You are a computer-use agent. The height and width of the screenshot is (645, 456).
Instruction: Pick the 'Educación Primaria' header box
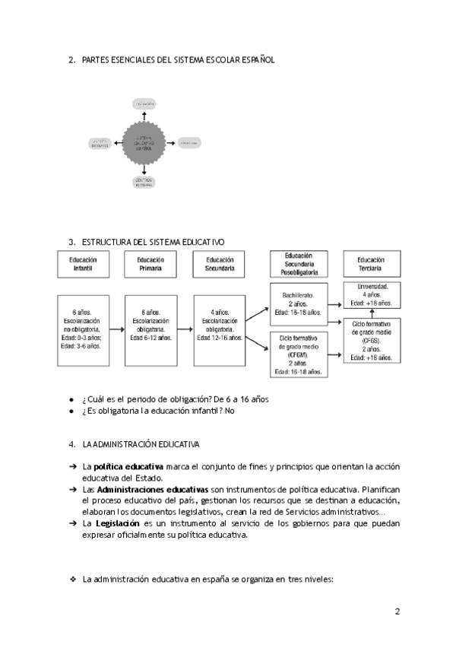tap(150, 264)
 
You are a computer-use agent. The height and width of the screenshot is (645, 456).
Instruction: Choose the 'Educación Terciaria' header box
tap(371, 264)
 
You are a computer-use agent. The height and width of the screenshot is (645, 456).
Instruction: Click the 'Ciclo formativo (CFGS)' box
tap(372, 340)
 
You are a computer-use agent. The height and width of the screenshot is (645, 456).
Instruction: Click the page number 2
tap(397, 611)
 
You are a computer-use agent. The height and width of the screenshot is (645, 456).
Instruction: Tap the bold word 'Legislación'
tap(116, 524)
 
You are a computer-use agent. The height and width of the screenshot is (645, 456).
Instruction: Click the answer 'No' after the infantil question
tap(230, 411)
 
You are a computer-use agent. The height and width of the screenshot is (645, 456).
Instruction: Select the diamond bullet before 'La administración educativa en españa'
tap(73, 579)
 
